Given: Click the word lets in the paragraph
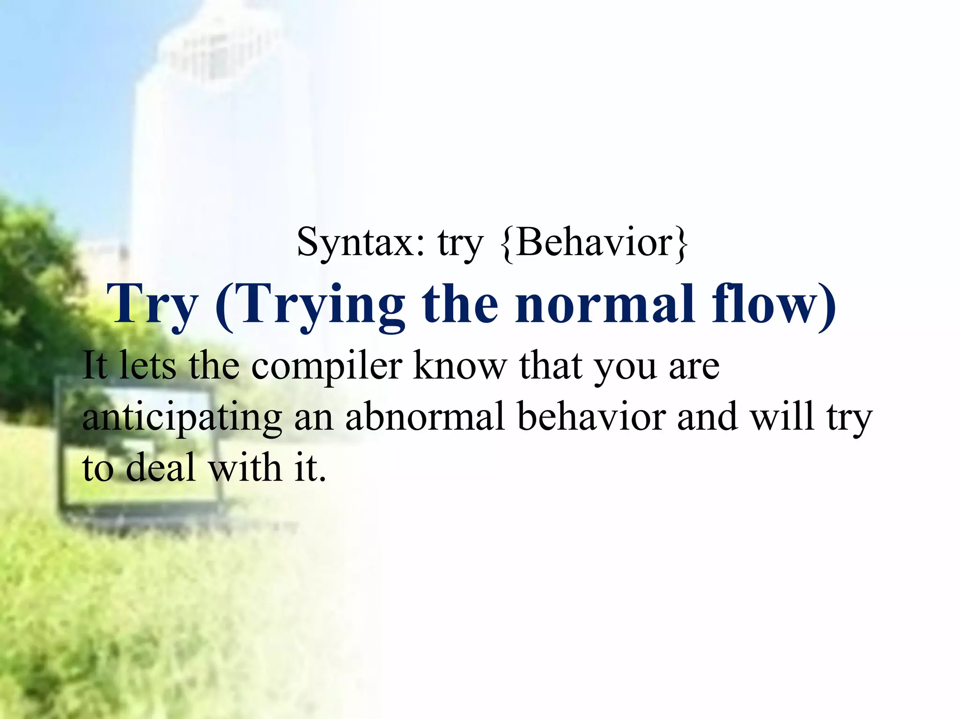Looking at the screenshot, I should tap(148, 367).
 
